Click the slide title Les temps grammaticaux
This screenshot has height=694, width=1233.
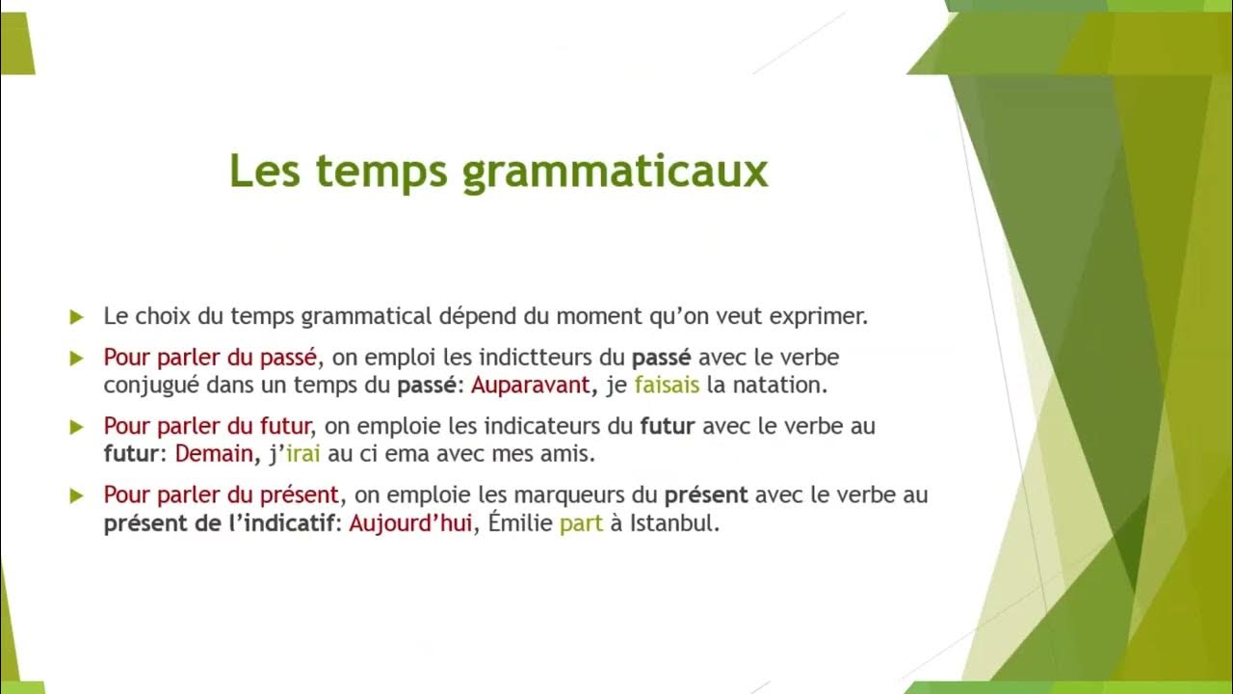(x=498, y=172)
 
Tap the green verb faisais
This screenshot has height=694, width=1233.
(x=667, y=386)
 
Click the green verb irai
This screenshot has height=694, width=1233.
(x=302, y=454)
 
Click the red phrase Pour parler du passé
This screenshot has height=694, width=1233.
(x=210, y=358)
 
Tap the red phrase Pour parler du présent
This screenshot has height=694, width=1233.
(x=222, y=495)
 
